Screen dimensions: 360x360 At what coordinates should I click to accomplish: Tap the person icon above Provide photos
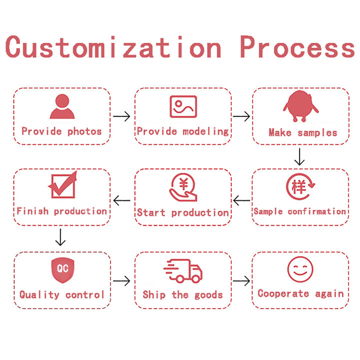(62, 106)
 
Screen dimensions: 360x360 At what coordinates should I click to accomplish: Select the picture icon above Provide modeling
(183, 106)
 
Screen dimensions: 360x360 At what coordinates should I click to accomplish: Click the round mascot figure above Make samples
(300, 106)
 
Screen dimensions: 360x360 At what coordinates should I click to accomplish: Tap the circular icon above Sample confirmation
(300, 187)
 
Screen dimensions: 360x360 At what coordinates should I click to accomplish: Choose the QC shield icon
(62, 269)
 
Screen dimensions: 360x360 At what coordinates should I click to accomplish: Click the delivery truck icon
(183, 271)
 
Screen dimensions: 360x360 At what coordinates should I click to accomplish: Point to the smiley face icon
(300, 270)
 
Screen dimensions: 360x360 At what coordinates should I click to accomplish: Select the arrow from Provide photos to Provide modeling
(121, 116)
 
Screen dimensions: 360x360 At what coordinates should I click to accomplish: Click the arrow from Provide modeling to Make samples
(242, 116)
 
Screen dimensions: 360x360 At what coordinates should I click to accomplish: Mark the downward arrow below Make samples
(299, 156)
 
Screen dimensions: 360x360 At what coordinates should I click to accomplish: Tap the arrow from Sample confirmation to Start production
(242, 201)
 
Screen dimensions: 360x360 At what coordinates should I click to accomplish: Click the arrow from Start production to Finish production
(121, 201)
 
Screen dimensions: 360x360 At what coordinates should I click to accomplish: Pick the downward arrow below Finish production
(60, 237)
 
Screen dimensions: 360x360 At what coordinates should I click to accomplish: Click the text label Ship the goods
(182, 294)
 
